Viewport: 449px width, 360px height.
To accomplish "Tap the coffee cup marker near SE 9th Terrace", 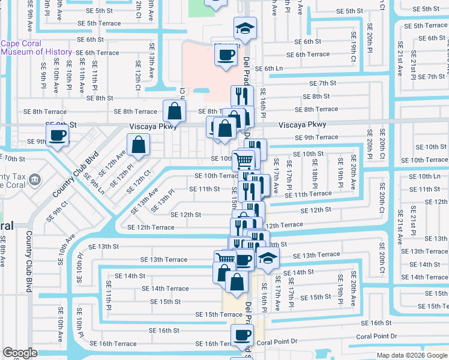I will click(x=58, y=134).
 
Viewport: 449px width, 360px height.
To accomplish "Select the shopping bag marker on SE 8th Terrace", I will click(x=173, y=110).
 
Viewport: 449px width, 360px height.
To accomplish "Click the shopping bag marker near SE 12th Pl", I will click(x=138, y=145).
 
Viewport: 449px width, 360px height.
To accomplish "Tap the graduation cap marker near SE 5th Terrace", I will click(x=244, y=28).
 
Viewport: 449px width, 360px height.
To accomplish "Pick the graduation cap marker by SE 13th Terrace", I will click(x=268, y=259).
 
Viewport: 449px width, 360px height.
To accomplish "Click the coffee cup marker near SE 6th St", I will click(x=226, y=55).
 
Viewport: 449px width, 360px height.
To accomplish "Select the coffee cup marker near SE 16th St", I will click(x=242, y=335).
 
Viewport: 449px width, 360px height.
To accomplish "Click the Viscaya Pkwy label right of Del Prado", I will click(x=303, y=125).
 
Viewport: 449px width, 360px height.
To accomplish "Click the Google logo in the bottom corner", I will click(x=20, y=353).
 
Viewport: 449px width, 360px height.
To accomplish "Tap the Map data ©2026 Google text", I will click(x=411, y=355).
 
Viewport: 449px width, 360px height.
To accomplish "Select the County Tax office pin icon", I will click(x=35, y=179).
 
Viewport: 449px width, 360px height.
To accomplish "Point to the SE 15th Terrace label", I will click(x=218, y=314).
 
